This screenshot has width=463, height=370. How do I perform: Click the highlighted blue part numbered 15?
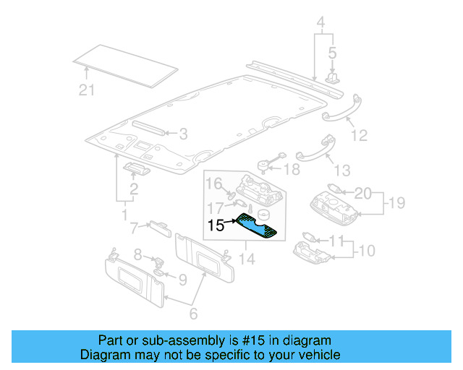(257, 226)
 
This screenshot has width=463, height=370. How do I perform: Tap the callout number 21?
(87, 90)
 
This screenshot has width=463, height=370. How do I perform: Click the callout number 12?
(359, 135)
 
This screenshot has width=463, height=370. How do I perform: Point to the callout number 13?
(341, 170)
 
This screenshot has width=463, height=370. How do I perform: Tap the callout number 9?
(183, 278)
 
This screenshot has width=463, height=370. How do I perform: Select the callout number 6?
(193, 314)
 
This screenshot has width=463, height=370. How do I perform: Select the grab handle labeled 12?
(340, 104)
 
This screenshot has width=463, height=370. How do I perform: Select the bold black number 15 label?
(217, 225)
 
